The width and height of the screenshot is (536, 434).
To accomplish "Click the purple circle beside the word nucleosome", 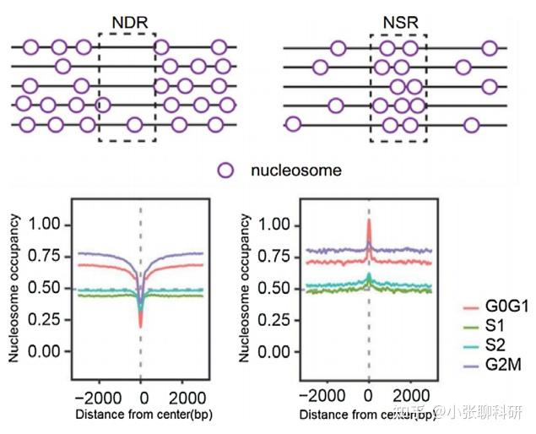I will [225, 170].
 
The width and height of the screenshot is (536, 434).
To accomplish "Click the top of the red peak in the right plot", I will [369, 220].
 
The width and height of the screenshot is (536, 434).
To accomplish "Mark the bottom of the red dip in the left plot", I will [140, 327].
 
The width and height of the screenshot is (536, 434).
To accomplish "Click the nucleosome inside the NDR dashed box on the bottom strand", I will [134, 125].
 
